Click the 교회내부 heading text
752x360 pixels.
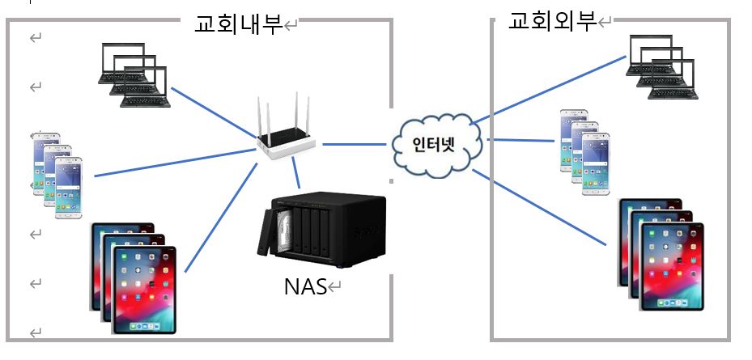[x=237, y=24]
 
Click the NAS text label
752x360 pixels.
[x=304, y=286]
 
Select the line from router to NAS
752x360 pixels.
[x=297, y=174]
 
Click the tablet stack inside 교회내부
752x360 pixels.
[x=134, y=279]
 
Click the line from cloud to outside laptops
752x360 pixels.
[x=550, y=89]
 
